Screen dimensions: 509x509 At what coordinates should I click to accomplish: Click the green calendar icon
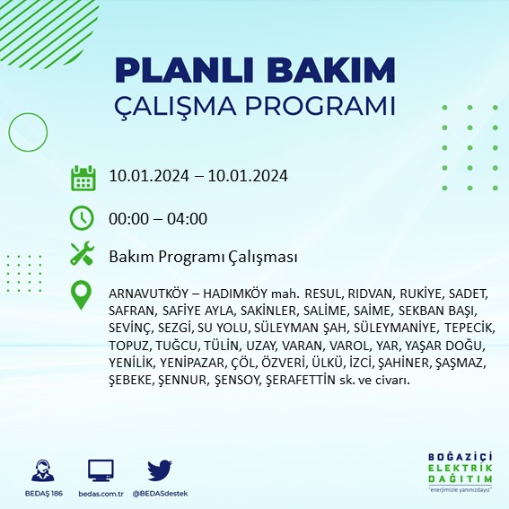(x=83, y=177)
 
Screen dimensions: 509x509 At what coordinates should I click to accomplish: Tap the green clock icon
(x=83, y=217)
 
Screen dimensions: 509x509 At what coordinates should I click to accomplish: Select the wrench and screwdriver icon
(x=83, y=256)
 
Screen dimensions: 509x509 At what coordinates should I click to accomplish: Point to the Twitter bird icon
(x=159, y=470)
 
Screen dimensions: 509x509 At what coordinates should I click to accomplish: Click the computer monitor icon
(x=101, y=470)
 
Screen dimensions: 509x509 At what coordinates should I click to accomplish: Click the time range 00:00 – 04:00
(x=157, y=218)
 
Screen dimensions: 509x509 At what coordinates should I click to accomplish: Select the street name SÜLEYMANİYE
(x=394, y=329)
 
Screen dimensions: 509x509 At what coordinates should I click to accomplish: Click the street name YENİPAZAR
(x=192, y=363)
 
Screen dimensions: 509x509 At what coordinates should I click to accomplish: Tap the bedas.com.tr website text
(x=101, y=494)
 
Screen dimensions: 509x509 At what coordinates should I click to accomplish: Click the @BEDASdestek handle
(x=160, y=494)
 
